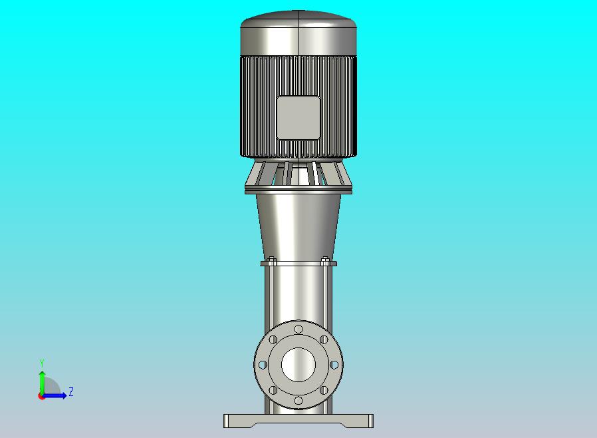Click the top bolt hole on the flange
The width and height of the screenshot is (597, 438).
point(298,329)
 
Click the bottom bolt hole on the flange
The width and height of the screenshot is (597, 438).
point(298,401)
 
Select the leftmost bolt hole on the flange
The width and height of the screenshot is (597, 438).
point(263,365)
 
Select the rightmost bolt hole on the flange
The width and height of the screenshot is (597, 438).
point(334,365)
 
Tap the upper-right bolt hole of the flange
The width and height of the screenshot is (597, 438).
point(324,339)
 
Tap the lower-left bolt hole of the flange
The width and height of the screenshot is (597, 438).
point(273,390)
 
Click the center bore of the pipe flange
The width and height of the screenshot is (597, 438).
point(298,365)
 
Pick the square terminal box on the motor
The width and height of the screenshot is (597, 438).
point(298,118)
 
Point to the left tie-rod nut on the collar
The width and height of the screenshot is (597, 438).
point(272,260)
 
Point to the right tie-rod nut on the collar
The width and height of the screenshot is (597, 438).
point(325,260)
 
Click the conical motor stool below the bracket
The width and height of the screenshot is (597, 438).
point(298,226)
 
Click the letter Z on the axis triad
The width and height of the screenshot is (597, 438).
point(71,392)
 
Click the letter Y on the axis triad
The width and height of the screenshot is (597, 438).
point(42,363)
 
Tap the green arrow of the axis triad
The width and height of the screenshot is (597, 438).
point(42,379)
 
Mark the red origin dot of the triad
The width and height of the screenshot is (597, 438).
point(41,396)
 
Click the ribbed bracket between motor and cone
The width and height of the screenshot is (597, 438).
point(298,176)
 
